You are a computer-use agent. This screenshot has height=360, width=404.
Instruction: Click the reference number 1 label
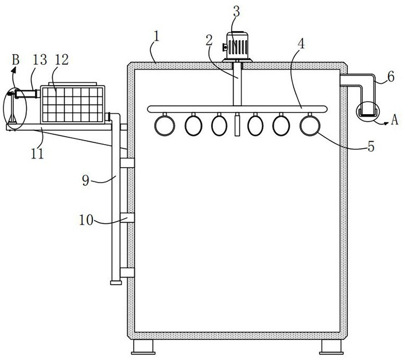tap(157, 36)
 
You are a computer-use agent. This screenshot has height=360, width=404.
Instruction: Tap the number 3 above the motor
tap(236, 11)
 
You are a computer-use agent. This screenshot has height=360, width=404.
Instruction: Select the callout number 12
tap(61, 60)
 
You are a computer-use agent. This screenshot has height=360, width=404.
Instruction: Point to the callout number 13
tap(40, 60)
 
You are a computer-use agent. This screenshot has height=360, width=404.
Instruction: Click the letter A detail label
tap(394, 120)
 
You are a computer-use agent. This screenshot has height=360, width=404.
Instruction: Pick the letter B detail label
tap(15, 60)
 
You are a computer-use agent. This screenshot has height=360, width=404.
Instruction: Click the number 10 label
tap(86, 220)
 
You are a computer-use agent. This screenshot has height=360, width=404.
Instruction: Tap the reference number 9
tap(86, 180)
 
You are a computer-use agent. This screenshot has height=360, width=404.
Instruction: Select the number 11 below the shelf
tap(37, 154)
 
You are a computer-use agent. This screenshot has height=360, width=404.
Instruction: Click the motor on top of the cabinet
tap(237, 46)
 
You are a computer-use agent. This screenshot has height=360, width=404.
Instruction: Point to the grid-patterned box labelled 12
tap(73, 104)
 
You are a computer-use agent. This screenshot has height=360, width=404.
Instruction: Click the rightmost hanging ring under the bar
tap(310, 126)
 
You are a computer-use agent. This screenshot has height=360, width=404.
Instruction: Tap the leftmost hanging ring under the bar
tap(165, 126)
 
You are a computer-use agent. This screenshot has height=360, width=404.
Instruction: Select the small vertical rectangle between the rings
tap(237, 126)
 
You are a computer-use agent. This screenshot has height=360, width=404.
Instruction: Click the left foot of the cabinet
tap(143, 347)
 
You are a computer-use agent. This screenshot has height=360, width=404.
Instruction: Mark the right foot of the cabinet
tap(331, 347)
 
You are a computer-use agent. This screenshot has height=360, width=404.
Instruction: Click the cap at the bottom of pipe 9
tap(116, 282)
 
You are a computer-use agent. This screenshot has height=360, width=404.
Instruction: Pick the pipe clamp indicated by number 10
tap(127, 218)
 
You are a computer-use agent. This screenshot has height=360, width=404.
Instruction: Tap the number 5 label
tap(371, 147)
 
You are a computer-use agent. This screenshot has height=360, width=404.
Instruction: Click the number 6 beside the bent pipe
tap(391, 76)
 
